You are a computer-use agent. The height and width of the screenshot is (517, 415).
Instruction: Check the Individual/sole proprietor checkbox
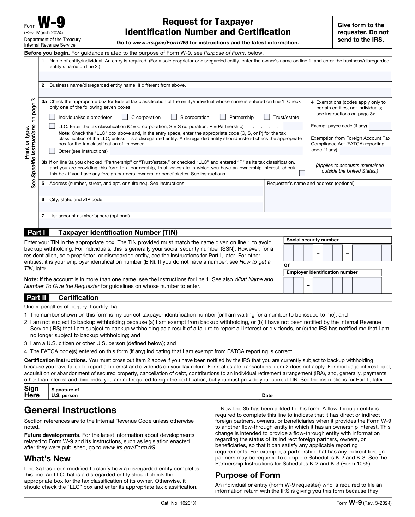point(52,117)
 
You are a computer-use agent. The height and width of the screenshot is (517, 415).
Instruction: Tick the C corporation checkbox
point(125,117)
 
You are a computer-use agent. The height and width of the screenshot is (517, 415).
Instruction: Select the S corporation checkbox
point(174,117)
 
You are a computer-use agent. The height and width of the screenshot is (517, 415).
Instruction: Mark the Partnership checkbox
point(223,117)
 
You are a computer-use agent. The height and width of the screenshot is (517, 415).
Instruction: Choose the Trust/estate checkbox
point(267,117)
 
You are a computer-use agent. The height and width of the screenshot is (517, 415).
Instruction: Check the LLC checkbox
point(52,126)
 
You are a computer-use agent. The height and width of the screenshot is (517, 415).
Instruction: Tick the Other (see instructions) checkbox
point(52,151)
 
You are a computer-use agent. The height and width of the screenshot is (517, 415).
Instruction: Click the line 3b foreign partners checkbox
point(302,173)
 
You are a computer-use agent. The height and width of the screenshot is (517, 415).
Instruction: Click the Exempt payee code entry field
point(380,126)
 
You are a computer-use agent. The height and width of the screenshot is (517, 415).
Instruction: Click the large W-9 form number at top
point(52,24)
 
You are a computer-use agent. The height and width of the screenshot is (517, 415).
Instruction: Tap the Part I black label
point(36,233)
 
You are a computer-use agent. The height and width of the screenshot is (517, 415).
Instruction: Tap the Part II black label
point(36,297)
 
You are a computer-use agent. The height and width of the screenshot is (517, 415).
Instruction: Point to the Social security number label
point(312,240)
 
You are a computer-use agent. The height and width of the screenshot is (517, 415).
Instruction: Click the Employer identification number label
point(322,272)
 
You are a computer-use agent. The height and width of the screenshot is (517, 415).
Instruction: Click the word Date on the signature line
point(267,396)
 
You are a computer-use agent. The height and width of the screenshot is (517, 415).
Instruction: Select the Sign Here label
point(32,392)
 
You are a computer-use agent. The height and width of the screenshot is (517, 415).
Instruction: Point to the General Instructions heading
point(70,410)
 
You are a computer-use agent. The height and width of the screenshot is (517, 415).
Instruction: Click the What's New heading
point(47,458)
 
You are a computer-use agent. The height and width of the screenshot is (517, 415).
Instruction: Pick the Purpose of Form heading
point(247,475)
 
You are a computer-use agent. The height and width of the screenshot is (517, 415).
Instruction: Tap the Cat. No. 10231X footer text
point(178,503)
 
